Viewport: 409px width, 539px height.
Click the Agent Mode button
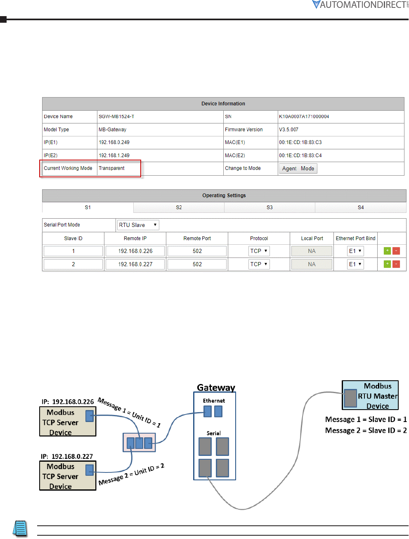click(298, 169)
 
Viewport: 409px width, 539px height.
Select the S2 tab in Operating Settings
click(179, 207)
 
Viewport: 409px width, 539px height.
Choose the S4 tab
click(360, 207)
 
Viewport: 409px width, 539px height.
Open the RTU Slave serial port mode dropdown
click(138, 225)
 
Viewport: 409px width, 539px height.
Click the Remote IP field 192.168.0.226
click(135, 251)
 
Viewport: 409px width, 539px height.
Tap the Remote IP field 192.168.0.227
click(135, 265)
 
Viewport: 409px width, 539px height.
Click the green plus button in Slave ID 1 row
click(387, 251)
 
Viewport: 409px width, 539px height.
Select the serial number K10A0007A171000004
click(304, 117)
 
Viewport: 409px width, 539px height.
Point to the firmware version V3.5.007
click(288, 130)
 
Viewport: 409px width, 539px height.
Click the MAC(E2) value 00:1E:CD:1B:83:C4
click(300, 155)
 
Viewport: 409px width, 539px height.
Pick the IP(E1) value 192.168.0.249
click(114, 143)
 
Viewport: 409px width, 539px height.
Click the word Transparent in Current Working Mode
click(111, 168)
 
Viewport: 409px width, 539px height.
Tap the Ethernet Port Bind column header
click(355, 238)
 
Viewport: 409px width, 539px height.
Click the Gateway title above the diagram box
click(216, 388)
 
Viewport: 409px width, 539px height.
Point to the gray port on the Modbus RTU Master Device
click(350, 398)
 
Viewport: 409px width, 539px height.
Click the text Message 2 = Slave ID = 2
click(366, 431)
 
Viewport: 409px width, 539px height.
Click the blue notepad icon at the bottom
click(20, 528)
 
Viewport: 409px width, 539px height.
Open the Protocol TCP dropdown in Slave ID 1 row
click(259, 251)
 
